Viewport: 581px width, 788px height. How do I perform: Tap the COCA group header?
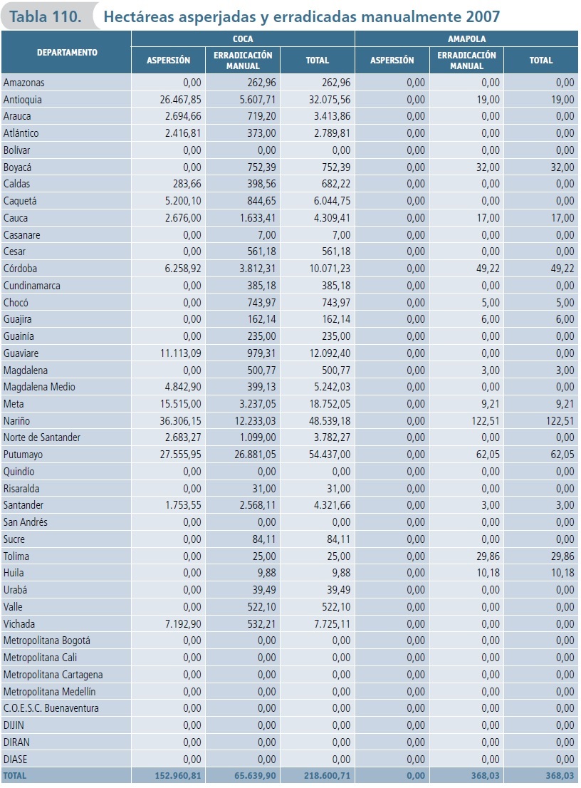[243, 39]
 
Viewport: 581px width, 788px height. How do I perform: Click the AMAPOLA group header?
[466, 39]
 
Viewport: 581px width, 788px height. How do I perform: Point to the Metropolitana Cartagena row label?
[53, 675]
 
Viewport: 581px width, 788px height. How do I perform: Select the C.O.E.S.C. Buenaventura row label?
[51, 708]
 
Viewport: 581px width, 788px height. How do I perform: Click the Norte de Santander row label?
[41, 437]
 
